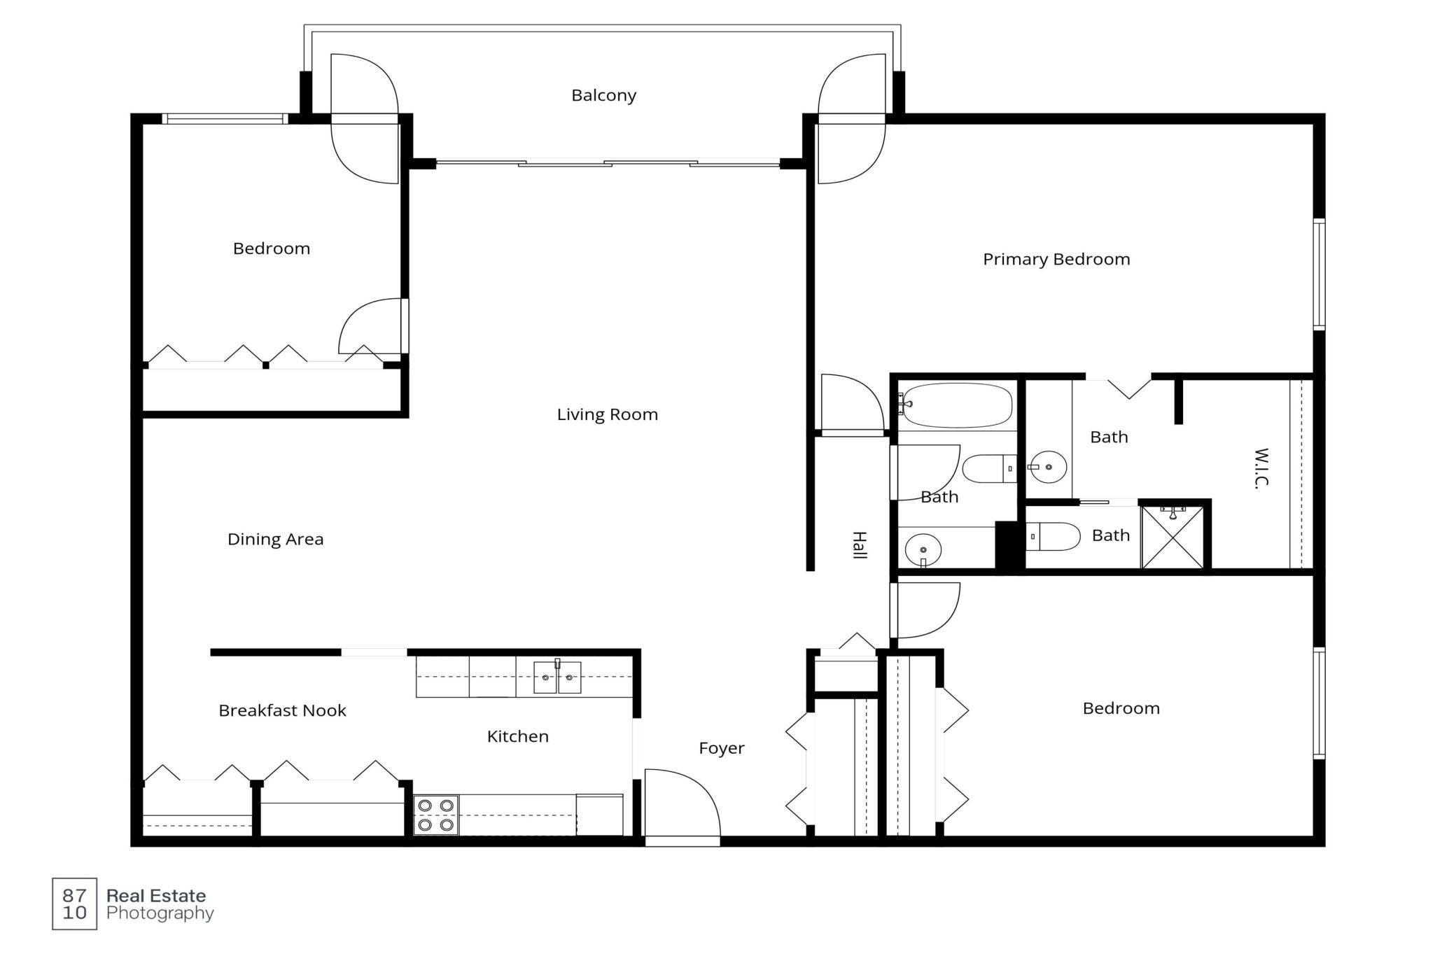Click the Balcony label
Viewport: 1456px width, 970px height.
[x=603, y=95]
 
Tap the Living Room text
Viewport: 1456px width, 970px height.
[x=608, y=414]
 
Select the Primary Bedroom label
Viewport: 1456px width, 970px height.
[x=1056, y=260]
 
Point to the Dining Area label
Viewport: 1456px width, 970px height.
[x=275, y=539]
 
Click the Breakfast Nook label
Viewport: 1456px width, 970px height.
[x=282, y=710]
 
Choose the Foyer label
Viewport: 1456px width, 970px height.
[x=721, y=748]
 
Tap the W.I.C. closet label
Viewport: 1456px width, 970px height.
[x=1261, y=468]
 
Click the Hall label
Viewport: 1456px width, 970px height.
[x=860, y=545]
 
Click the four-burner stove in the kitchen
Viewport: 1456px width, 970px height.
[x=435, y=815]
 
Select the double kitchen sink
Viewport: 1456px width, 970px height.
[x=557, y=677]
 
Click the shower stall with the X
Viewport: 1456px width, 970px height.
[x=1172, y=537]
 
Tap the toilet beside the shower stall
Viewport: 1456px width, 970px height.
[x=1053, y=537]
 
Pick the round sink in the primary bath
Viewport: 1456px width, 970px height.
[x=1048, y=467]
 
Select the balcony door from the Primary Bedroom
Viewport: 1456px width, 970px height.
[x=851, y=119]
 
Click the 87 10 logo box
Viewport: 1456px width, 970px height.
[x=74, y=904]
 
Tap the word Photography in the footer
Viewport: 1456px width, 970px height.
[x=160, y=913]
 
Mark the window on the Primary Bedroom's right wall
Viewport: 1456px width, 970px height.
[x=1319, y=274]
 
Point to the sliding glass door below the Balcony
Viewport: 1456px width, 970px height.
[x=608, y=164]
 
